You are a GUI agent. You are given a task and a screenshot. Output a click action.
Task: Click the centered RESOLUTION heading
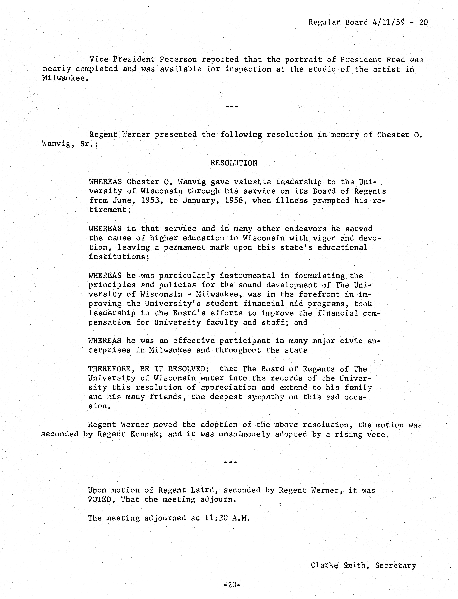click(234, 163)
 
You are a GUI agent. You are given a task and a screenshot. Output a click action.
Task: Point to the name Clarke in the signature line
click(324, 565)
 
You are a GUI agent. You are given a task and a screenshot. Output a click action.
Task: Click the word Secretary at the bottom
click(396, 565)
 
